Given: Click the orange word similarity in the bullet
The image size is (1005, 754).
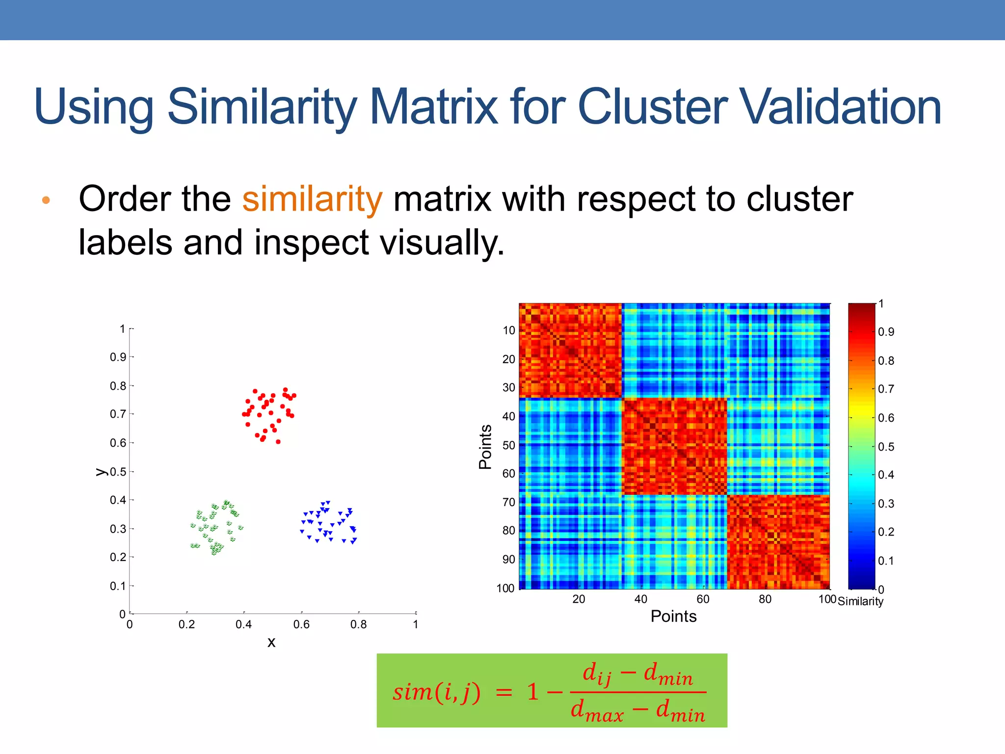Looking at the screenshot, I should click(x=312, y=199).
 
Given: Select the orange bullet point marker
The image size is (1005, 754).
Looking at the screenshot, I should click(x=46, y=200).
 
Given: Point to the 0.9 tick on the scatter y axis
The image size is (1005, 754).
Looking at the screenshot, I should click(x=118, y=357).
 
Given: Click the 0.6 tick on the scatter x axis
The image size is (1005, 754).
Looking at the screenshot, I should click(x=301, y=624).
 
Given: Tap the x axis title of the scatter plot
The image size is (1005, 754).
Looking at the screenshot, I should click(x=271, y=642).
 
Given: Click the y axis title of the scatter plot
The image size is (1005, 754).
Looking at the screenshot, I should click(x=101, y=472).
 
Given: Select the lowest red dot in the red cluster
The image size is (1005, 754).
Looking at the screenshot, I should click(x=278, y=442).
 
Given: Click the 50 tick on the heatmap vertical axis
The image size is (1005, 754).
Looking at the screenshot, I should click(x=509, y=445).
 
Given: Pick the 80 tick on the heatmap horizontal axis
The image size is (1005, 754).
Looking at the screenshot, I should click(x=765, y=599).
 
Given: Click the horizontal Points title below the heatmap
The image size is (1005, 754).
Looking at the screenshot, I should click(x=673, y=617).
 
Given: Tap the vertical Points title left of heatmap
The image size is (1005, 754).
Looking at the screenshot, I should click(x=485, y=447).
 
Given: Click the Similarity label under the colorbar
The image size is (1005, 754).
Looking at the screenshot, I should click(x=860, y=601).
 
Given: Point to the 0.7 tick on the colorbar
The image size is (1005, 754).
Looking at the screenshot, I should click(x=886, y=389).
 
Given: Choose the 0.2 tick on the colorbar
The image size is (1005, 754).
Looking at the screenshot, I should click(x=886, y=532).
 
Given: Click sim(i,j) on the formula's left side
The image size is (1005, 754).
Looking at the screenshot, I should click(x=436, y=692).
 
